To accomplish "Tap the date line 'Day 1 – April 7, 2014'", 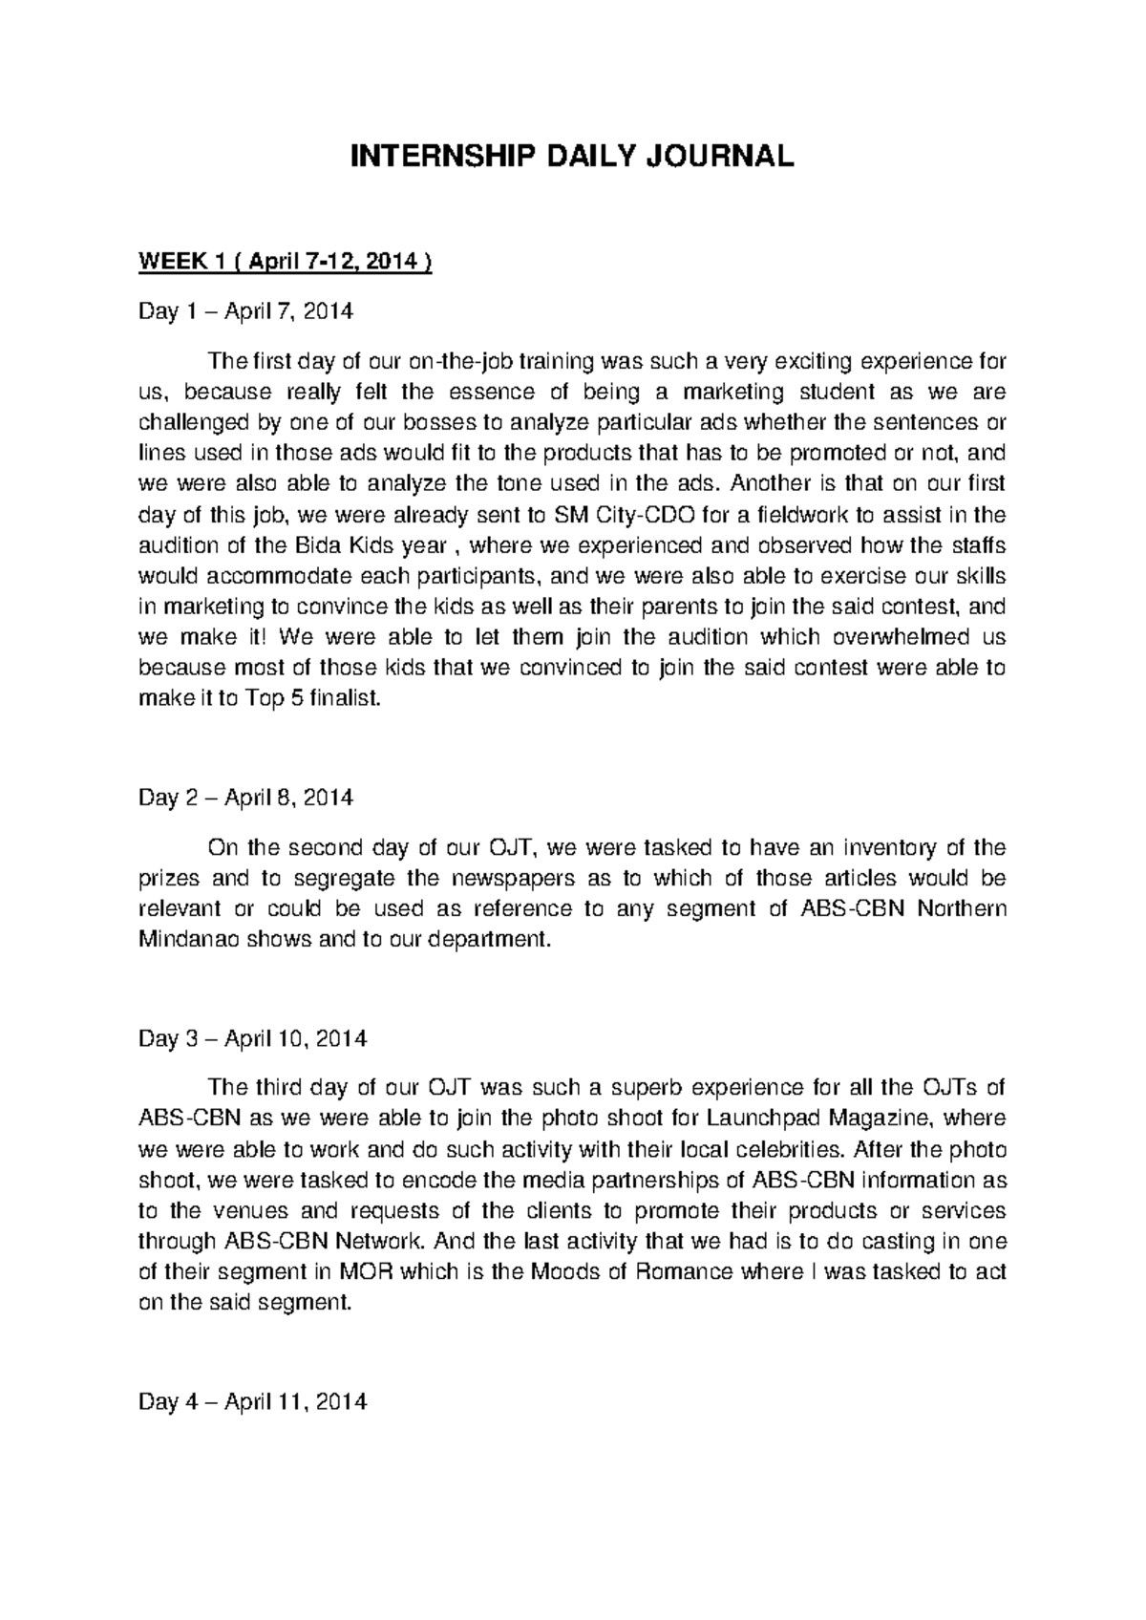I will tap(245, 311).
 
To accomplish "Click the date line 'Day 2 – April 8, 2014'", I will tap(245, 798).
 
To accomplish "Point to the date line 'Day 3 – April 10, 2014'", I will tap(252, 1038).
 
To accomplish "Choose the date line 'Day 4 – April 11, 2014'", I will tap(252, 1402).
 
